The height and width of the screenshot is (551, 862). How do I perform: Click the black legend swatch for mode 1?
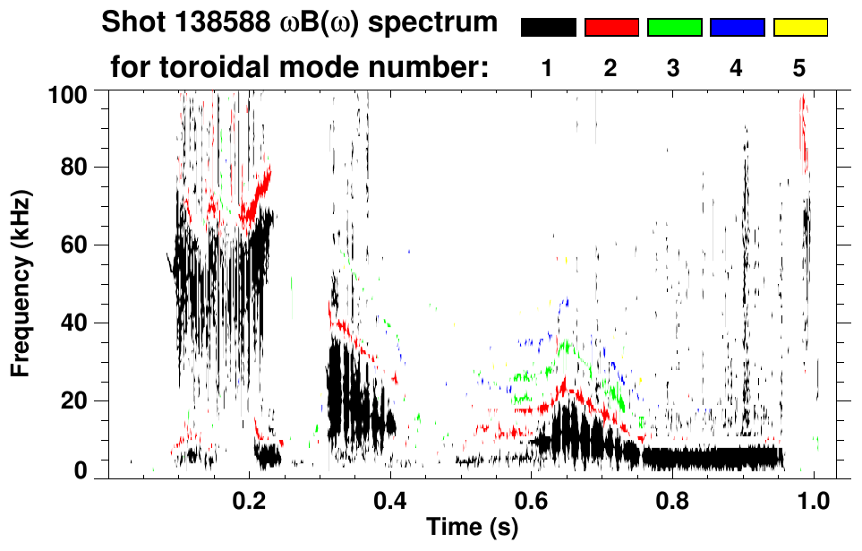tap(548, 28)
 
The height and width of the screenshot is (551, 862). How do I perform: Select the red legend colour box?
tap(611, 28)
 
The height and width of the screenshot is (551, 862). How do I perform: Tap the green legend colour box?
tap(674, 28)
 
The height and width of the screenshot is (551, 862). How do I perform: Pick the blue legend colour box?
tap(737, 28)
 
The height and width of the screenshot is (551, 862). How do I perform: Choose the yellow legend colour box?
tap(800, 28)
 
